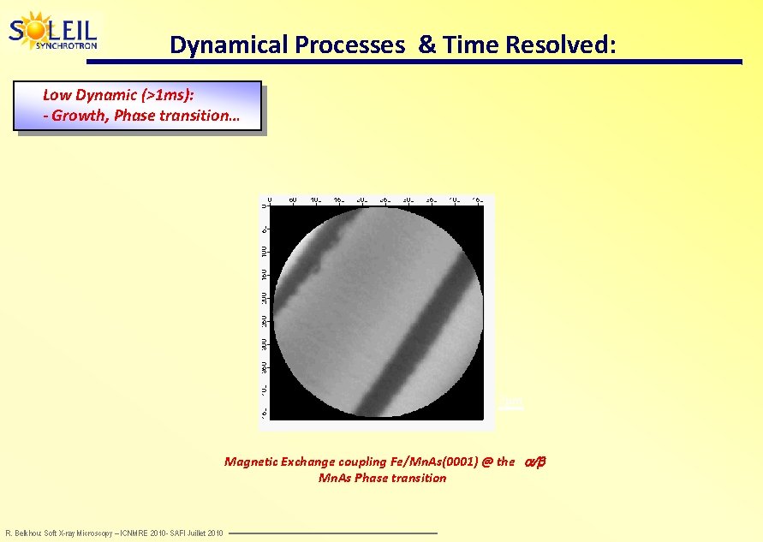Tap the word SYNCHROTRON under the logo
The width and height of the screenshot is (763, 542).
[66, 45]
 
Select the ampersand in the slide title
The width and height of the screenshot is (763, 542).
[426, 45]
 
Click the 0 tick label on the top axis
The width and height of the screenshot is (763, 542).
[270, 200]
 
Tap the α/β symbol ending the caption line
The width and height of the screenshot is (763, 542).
[534, 462]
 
